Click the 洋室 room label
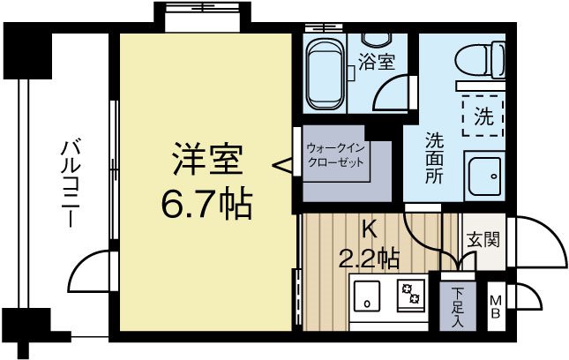click(x=206, y=161)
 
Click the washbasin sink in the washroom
click(x=483, y=179)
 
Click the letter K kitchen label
click(x=371, y=231)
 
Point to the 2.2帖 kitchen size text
click(x=370, y=259)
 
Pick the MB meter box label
click(x=496, y=305)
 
